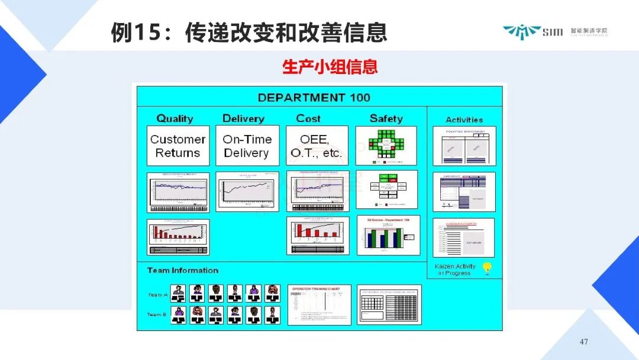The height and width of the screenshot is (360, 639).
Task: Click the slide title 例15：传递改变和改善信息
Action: coord(248,32)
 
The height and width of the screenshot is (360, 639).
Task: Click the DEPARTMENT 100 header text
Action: coord(314,98)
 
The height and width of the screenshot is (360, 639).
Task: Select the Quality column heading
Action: coord(175,118)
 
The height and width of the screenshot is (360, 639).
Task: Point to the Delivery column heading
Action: coord(243,118)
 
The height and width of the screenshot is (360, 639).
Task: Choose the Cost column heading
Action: coord(308,118)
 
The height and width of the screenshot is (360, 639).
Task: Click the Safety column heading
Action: coord(386,118)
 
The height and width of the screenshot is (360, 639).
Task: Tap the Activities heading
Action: coord(464,120)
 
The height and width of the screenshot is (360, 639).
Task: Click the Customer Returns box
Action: coord(177,146)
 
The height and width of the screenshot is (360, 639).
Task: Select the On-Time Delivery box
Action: coord(247,146)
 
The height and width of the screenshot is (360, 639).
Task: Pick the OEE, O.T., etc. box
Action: coord(317,146)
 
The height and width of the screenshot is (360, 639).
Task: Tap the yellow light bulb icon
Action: coord(487,268)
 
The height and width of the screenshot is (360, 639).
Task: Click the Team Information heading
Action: coord(183,271)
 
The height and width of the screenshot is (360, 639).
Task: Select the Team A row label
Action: coord(157,295)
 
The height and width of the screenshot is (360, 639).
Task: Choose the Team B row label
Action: coord(157,315)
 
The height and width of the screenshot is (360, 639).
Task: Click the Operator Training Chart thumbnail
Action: coord(319,304)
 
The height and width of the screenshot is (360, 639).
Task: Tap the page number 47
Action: coord(584,342)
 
